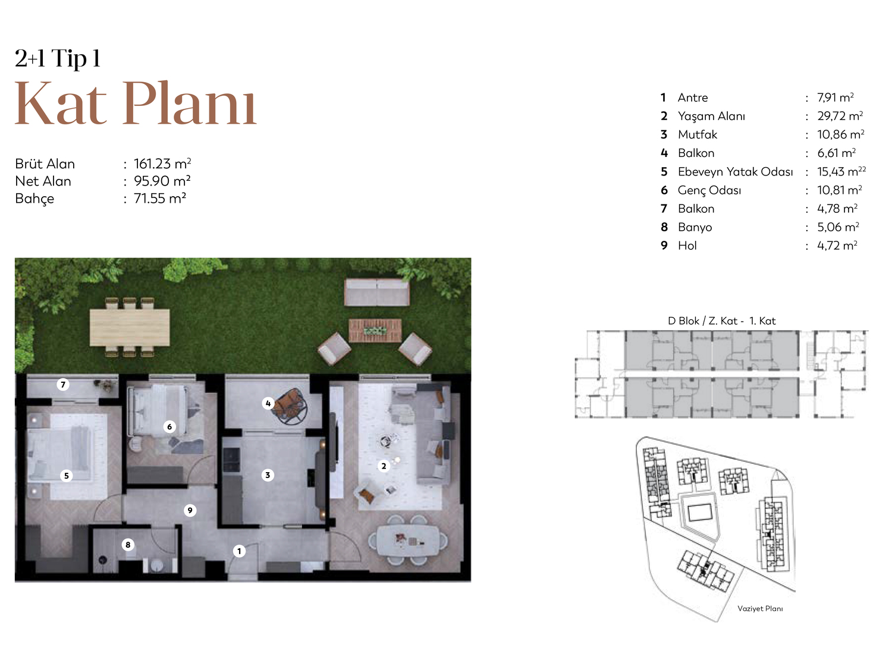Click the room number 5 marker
[67, 476]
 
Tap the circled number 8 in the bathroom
[128, 545]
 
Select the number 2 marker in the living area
[384, 466]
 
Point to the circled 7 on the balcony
[63, 385]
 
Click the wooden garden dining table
[130, 328]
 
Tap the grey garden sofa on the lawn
[377, 292]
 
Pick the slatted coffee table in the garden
[375, 330]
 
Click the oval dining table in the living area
[408, 541]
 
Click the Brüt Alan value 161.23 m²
[162, 164]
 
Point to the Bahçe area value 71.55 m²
[159, 199]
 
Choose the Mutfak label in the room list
[698, 134]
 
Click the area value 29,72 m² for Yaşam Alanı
[840, 116]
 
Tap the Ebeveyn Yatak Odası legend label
[735, 172]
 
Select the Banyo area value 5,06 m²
[838, 227]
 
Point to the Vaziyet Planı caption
[760, 609]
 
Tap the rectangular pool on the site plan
[700, 513]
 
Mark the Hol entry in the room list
[687, 246]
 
